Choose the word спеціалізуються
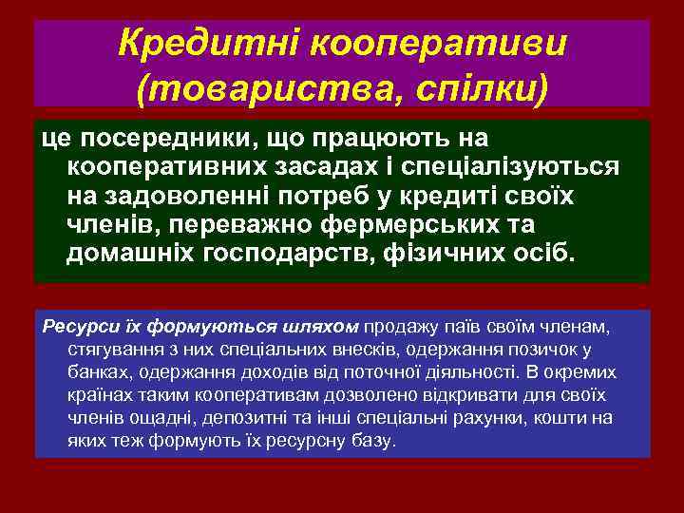pyautogui.click(x=512, y=167)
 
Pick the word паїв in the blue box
pyautogui.click(x=442, y=328)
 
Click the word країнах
pyautogui.click(x=98, y=396)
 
